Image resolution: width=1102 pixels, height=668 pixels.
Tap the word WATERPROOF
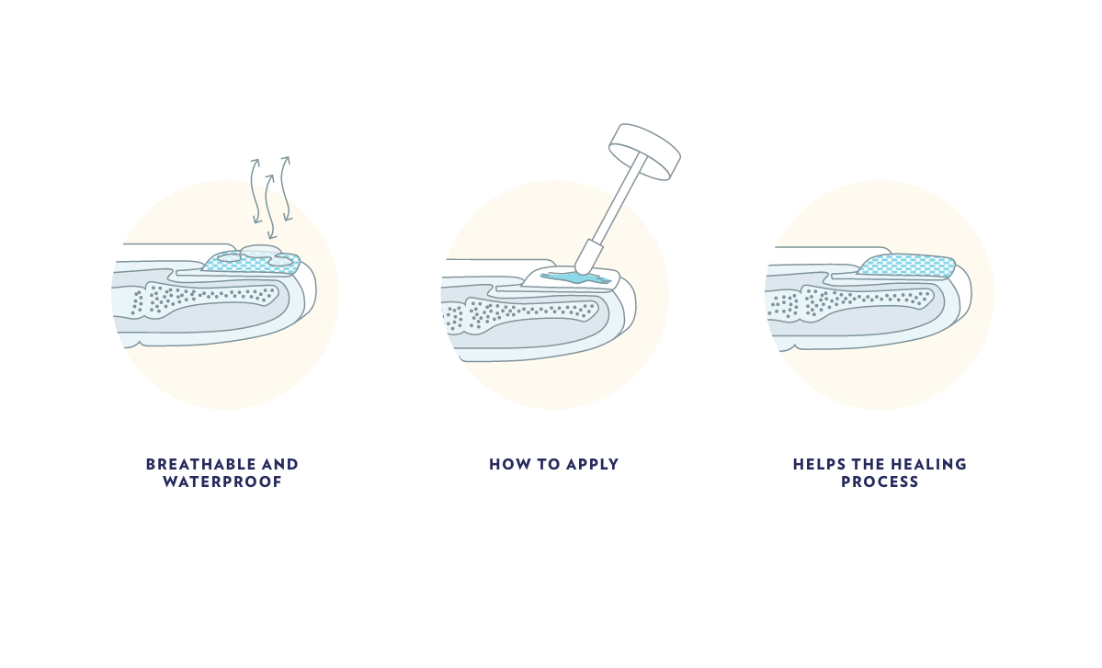222,481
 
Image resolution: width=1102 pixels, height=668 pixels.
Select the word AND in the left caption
280,464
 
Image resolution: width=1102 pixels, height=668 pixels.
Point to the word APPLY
593,464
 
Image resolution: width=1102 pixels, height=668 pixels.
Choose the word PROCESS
880,481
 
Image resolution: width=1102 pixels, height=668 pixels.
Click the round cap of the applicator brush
644,151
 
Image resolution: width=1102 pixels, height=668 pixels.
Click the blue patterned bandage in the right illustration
906,266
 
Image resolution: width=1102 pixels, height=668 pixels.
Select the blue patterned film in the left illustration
252,263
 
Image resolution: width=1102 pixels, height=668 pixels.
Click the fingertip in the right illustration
960,294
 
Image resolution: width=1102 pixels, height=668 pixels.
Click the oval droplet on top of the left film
261,251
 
